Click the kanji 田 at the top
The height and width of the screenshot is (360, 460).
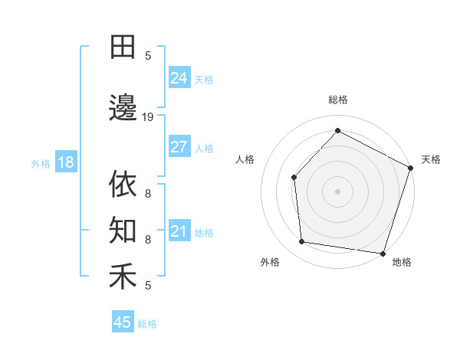[123, 47]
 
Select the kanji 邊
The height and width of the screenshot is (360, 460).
[123, 107]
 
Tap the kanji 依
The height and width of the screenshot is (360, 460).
[123, 185]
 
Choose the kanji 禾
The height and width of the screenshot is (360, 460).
[123, 276]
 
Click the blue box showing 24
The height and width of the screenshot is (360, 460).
[179, 78]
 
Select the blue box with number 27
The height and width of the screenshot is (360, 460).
[179, 147]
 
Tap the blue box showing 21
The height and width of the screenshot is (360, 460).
[179, 231]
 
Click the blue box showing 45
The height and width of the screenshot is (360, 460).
[123, 322]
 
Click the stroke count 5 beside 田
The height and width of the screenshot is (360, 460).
[148, 56]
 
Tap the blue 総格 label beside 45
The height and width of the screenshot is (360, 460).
[148, 324]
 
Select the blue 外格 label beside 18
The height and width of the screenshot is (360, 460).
[41, 163]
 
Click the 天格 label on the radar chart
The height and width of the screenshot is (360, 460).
[432, 159]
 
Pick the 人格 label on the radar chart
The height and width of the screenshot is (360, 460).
[245, 159]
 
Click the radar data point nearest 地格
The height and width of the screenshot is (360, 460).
[383, 253]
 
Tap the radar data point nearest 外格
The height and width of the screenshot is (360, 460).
[302, 242]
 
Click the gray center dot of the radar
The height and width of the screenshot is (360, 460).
[337, 191]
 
